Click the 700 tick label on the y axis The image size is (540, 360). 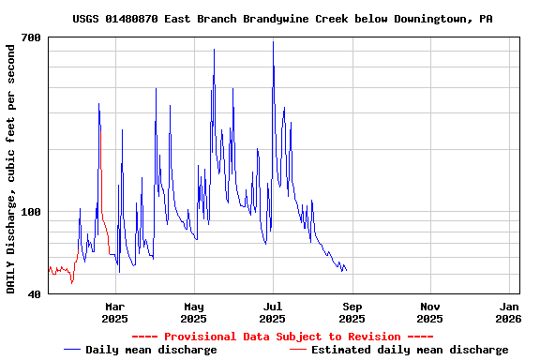[31, 37]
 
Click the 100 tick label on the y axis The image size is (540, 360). [31, 212]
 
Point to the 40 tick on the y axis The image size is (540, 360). [34, 293]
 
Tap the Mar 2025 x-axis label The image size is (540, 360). [114, 312]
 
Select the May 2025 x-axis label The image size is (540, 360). [193, 312]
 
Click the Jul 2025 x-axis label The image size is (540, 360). [272, 312]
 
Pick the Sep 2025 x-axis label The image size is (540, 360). [352, 312]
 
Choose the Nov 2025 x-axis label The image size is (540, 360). [430, 312]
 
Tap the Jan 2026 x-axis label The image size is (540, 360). [509, 312]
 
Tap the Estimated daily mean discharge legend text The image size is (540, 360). [410, 350]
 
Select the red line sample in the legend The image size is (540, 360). [297, 350]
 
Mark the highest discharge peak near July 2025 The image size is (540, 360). [273, 41]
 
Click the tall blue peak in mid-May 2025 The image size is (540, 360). [214, 50]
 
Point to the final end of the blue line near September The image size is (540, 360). [346, 270]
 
